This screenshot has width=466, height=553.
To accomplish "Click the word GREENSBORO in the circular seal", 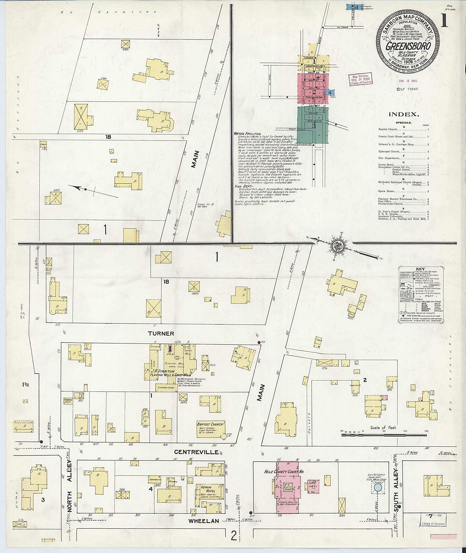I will click(x=408, y=46).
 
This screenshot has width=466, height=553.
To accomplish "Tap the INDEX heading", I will click(x=404, y=115).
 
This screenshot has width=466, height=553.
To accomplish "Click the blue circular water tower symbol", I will click(x=378, y=488).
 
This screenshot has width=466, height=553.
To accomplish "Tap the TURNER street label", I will click(x=161, y=334).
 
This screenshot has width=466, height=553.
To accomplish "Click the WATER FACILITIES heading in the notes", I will click(x=247, y=134).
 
